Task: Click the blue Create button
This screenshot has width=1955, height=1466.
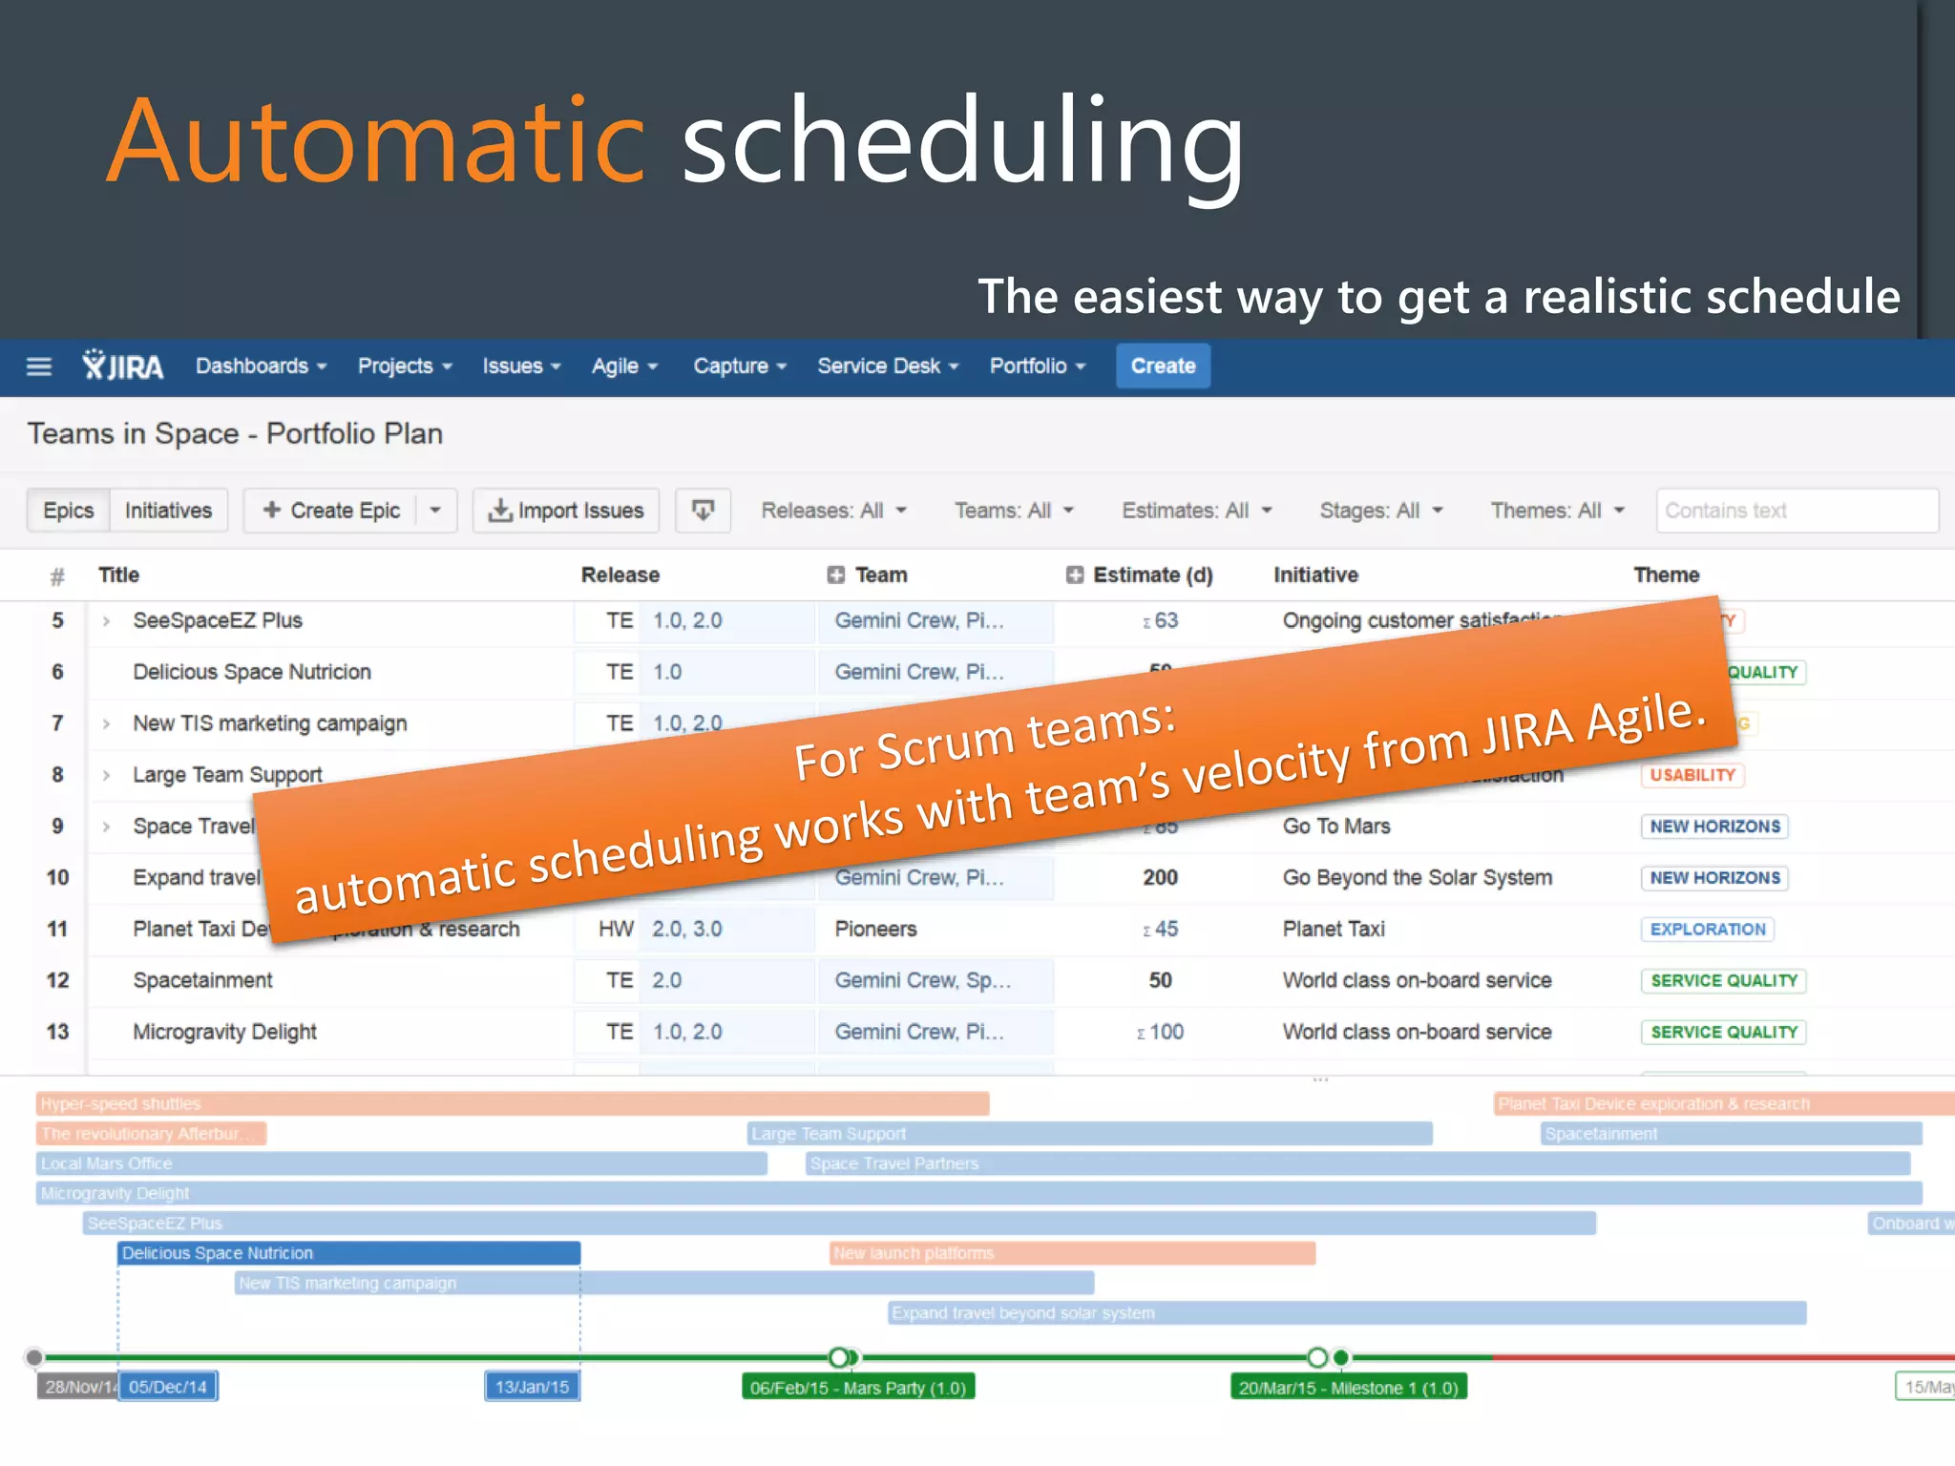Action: point(1162,366)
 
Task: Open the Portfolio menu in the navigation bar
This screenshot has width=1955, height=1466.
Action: point(1037,366)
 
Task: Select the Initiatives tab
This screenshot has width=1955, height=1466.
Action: point(168,511)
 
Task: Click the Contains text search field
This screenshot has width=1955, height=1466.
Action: point(1795,511)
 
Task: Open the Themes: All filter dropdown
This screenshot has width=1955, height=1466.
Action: point(1557,511)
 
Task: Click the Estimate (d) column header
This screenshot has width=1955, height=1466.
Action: point(1151,576)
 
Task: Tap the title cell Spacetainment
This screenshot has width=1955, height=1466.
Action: point(202,980)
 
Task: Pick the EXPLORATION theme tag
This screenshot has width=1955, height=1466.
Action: point(1707,930)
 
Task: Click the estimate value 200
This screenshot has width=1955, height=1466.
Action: point(1160,878)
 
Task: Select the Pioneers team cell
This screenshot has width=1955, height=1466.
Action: point(875,930)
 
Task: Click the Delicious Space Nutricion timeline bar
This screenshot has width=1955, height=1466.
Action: point(348,1253)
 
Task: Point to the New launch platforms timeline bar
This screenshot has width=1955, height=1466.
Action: point(1072,1253)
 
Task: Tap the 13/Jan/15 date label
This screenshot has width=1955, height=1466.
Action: point(532,1387)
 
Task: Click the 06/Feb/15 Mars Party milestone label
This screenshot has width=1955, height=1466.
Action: point(857,1388)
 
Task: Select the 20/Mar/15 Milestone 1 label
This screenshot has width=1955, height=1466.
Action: point(1347,1388)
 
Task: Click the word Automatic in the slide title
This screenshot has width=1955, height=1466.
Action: point(377,141)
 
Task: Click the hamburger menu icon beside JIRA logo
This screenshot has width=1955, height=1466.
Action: point(39,366)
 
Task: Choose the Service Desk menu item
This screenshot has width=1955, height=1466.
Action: point(887,366)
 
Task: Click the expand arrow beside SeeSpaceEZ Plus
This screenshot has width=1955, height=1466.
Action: point(106,621)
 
